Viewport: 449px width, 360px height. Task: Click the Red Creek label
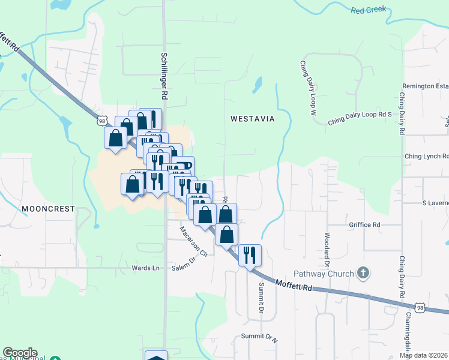point(369,10)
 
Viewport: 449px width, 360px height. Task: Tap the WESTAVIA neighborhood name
point(252,119)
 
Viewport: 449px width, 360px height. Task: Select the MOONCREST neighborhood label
point(48,209)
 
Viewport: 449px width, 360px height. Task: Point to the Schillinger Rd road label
point(163,75)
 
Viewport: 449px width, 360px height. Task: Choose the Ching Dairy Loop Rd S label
point(360,118)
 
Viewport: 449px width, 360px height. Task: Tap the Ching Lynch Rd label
point(426,156)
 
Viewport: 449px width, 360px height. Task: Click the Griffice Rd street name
point(365,225)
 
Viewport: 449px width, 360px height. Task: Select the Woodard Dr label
point(328,250)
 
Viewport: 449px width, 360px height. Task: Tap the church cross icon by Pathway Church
point(363,274)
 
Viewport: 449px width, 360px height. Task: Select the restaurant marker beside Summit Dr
point(250,254)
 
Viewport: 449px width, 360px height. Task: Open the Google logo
point(20,353)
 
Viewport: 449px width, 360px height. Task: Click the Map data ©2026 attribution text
point(424,355)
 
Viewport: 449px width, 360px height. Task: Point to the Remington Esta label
point(426,86)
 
